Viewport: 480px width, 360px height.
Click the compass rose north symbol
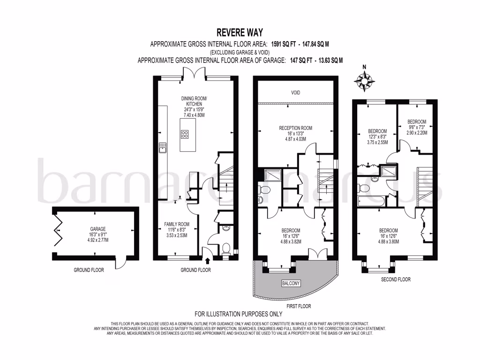(x=364, y=80)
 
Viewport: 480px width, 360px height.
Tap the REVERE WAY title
(x=240, y=32)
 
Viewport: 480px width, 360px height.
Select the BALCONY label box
(x=291, y=284)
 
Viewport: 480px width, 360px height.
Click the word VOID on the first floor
(x=295, y=93)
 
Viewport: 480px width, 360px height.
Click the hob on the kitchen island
(x=185, y=135)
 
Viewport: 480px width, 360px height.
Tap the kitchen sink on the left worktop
(x=163, y=148)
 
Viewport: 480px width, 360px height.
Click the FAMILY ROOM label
(x=176, y=224)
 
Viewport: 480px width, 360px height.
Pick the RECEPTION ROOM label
(x=295, y=128)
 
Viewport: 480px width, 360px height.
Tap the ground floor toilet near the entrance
(x=225, y=248)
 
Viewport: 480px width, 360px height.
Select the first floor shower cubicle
(x=270, y=175)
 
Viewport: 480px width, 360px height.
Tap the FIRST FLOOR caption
(x=295, y=306)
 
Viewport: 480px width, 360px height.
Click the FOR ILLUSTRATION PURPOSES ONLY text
(x=239, y=314)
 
